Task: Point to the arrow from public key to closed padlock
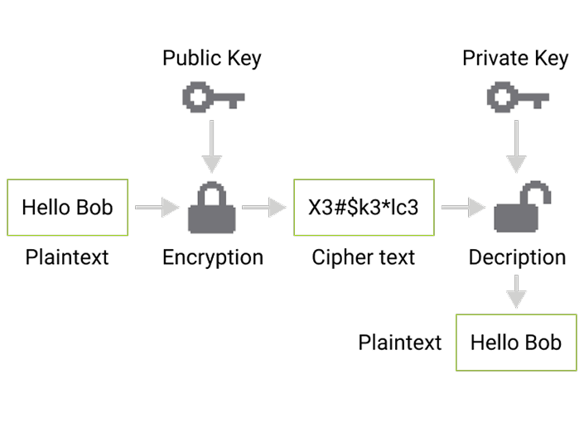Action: point(213,148)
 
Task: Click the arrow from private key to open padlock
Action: point(517,148)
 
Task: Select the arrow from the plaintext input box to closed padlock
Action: point(157,208)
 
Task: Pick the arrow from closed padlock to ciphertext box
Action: point(263,208)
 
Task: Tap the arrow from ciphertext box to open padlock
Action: point(463,208)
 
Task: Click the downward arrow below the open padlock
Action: point(517,291)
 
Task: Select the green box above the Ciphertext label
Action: point(364,207)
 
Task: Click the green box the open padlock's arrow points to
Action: point(516,342)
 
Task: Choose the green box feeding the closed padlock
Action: point(68,207)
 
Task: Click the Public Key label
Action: point(213,59)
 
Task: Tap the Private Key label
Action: point(517,59)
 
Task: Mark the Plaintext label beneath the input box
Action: point(66,257)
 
